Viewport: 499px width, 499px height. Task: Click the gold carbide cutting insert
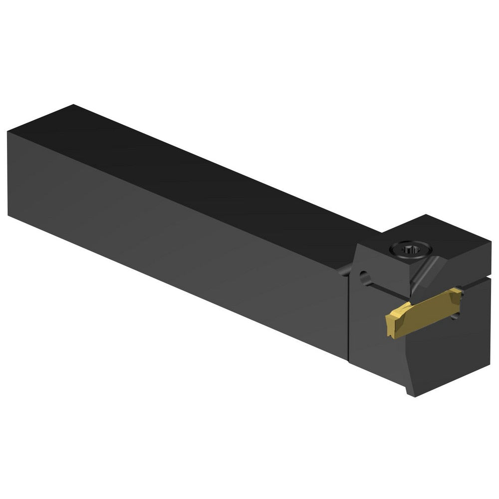pyautogui.click(x=424, y=313)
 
